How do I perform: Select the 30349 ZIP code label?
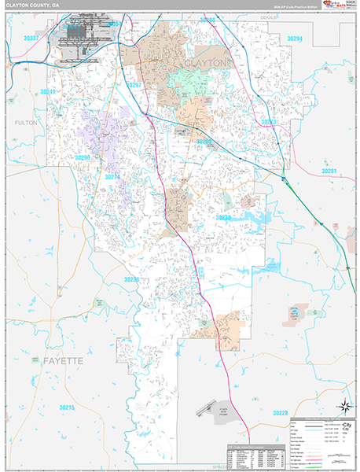click(x=49, y=92)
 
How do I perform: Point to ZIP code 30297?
click(x=133, y=84)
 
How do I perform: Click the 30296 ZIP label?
click(x=83, y=158)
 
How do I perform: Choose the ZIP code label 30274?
click(x=112, y=177)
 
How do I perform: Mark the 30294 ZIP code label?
click(x=295, y=38)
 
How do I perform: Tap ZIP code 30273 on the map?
click(x=270, y=123)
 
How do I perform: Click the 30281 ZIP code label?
click(x=329, y=171)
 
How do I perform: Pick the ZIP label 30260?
click(x=204, y=142)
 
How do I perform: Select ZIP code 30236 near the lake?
click(x=223, y=217)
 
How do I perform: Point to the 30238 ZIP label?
click(x=131, y=279)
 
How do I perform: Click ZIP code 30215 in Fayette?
click(x=66, y=407)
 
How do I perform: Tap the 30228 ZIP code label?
click(x=281, y=413)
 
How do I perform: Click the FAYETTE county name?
click(x=56, y=360)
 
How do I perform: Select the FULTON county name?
click(x=26, y=124)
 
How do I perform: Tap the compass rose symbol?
click(x=343, y=405)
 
